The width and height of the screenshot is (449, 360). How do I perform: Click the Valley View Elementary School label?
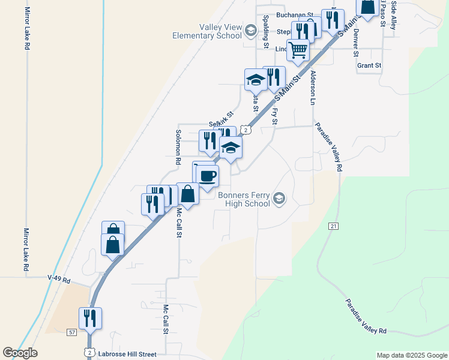[x=206, y=31]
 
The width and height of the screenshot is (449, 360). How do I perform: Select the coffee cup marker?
[x=208, y=176]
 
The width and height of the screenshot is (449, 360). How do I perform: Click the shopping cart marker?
[x=298, y=50]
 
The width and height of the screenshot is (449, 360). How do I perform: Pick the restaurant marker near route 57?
[x=90, y=318]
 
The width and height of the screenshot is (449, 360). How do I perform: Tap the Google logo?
[x=20, y=353]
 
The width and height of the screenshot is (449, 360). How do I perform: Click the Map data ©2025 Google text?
[x=411, y=355]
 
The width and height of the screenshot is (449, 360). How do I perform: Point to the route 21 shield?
[x=334, y=226]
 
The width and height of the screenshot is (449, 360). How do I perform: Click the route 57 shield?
[x=71, y=332]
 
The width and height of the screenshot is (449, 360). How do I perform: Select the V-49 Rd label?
[x=59, y=280]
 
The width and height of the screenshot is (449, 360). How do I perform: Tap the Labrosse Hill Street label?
[x=127, y=355]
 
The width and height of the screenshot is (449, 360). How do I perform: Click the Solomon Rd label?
[x=178, y=148]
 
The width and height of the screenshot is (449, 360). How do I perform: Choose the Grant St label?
[x=369, y=65]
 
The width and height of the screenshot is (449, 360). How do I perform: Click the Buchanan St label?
[x=295, y=14]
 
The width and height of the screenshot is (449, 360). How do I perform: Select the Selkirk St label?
[x=221, y=118]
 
